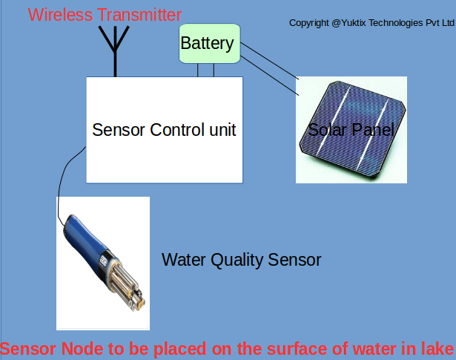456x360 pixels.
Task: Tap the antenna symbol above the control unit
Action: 114,49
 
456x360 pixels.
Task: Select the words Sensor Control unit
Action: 164,130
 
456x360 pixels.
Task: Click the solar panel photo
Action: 351,131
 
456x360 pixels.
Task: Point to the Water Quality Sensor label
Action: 242,260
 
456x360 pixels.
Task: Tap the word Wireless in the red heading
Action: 59,14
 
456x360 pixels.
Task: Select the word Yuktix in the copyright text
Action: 357,23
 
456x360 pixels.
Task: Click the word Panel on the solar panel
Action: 370,131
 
